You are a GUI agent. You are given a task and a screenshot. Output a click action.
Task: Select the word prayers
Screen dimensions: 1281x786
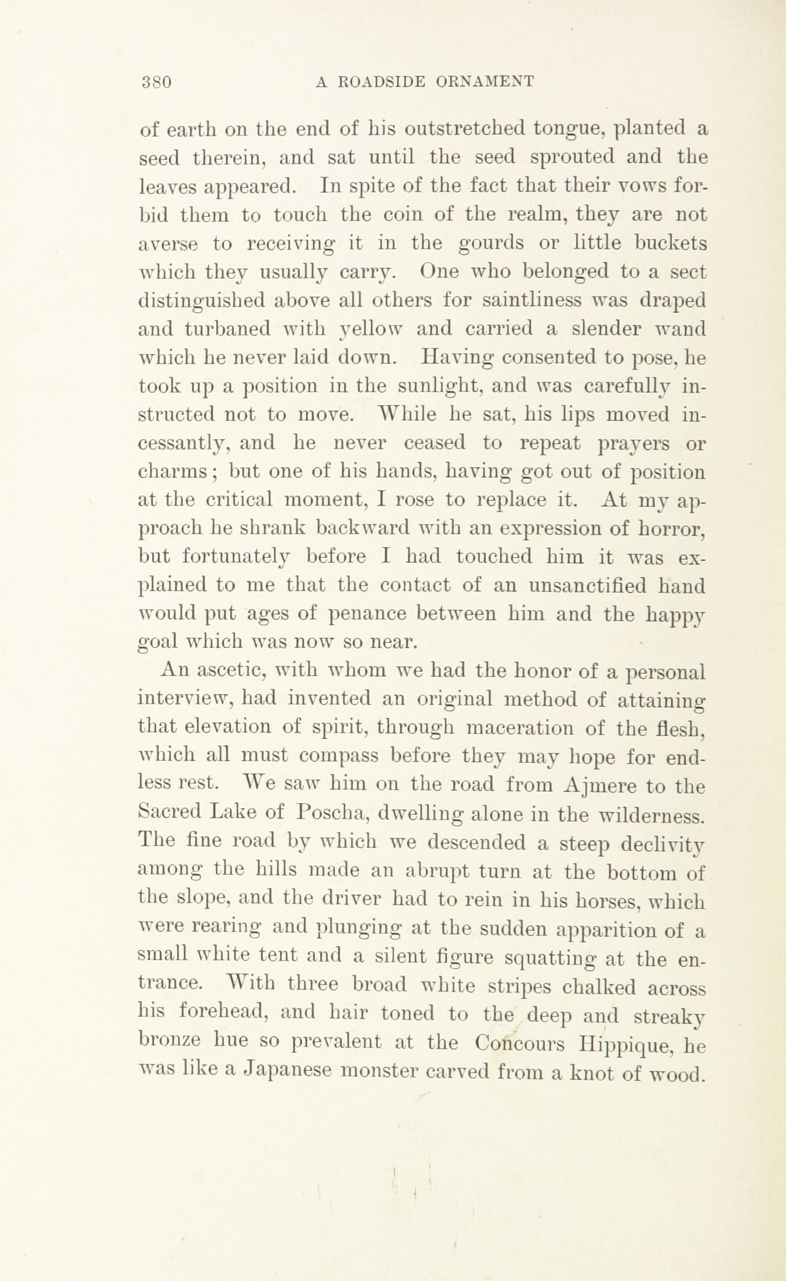(633, 445)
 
